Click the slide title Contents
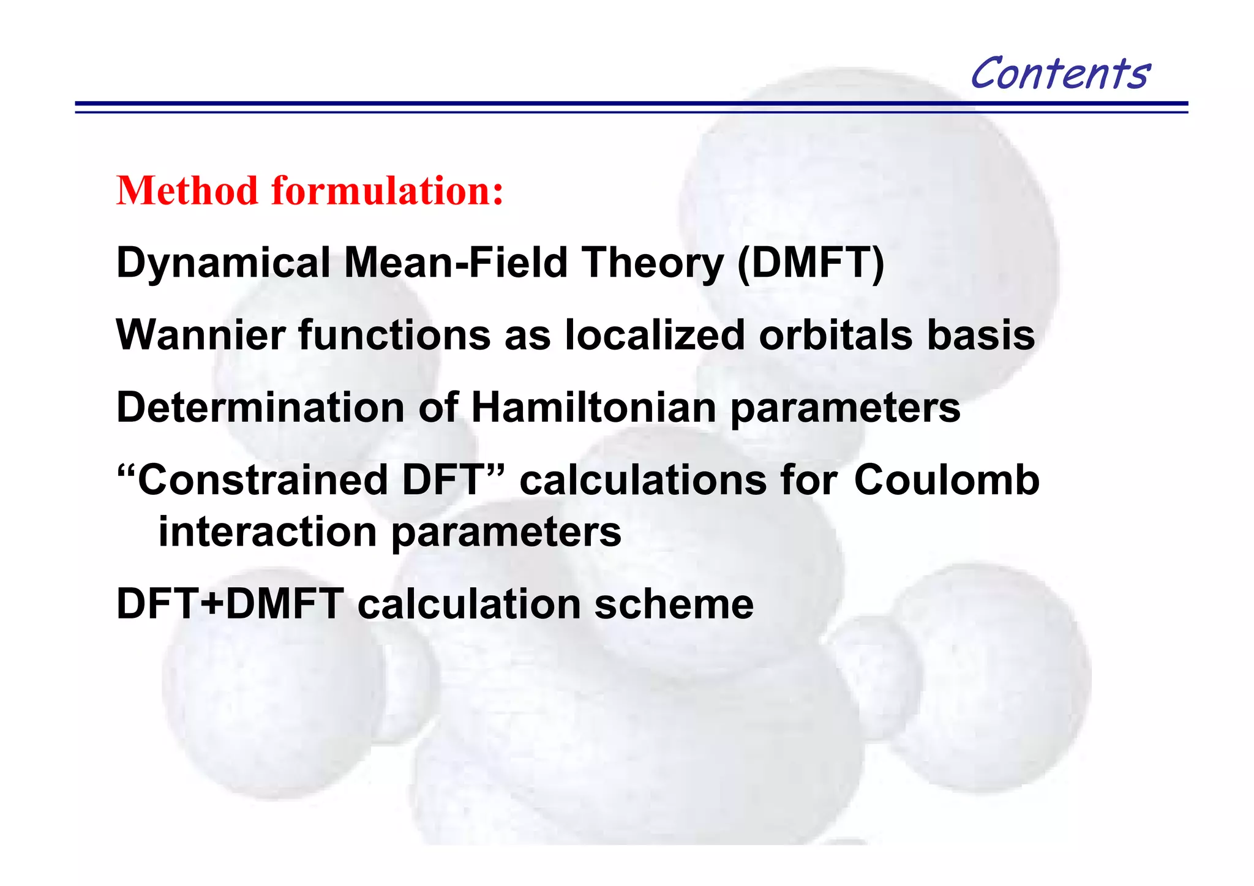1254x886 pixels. [x=1060, y=73]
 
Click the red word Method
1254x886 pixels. [x=187, y=191]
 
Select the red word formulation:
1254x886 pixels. [x=388, y=191]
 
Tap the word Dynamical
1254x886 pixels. [x=223, y=263]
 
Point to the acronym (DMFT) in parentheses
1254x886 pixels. [x=811, y=263]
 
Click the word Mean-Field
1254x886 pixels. [x=456, y=263]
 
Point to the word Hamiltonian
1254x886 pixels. [x=593, y=408]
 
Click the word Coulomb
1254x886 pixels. [x=946, y=480]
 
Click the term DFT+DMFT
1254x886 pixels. [x=230, y=604]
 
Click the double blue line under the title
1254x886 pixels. [x=631, y=107]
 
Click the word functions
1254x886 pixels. [x=394, y=336]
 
